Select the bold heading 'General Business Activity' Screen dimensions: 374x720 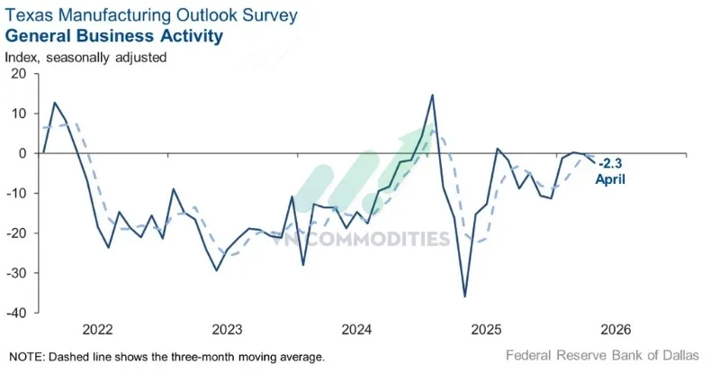114,36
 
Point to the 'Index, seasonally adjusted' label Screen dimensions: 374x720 85,57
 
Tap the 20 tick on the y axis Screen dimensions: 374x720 18,74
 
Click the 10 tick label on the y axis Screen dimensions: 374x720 18,114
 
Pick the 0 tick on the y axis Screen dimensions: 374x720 22,153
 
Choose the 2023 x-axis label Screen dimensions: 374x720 227,328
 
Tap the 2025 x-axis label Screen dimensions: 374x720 488,328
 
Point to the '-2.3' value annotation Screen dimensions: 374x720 612,163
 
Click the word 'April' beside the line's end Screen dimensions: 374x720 610,178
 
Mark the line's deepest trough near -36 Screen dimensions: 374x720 464,296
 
